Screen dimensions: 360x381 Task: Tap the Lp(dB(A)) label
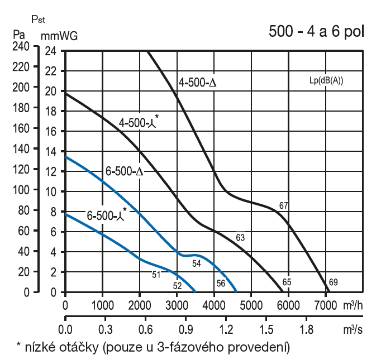(x=326, y=80)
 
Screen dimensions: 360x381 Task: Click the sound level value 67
(x=283, y=205)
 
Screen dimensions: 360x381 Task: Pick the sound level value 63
(x=241, y=238)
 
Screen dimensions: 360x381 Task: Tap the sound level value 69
(x=333, y=281)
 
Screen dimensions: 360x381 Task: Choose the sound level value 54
(x=196, y=263)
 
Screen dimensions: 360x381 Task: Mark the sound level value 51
(x=156, y=274)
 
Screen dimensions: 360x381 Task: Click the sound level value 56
(x=221, y=283)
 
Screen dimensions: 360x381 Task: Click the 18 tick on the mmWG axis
(x=51, y=111)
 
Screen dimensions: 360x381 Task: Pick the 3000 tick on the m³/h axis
(x=177, y=304)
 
